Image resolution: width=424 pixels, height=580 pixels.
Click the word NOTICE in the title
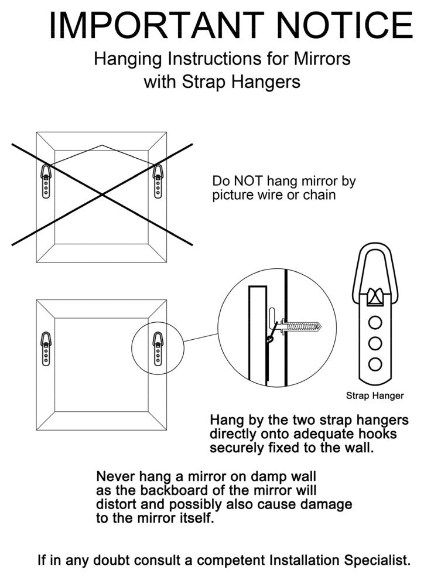344,25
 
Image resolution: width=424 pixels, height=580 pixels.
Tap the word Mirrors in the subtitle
322,59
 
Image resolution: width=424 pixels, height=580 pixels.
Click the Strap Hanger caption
375,396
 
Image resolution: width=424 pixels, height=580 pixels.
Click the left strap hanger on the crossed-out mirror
46,181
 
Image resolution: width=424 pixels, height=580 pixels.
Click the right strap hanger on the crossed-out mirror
158,181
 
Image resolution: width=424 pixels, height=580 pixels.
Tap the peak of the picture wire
102,145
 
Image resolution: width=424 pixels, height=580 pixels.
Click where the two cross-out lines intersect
102,194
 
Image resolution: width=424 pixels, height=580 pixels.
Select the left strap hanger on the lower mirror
46,349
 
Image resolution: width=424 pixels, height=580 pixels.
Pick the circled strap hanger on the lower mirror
158,349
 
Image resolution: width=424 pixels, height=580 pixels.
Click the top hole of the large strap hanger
375,323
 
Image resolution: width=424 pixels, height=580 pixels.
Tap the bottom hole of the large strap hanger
375,364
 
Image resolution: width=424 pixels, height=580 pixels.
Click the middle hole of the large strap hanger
375,344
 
